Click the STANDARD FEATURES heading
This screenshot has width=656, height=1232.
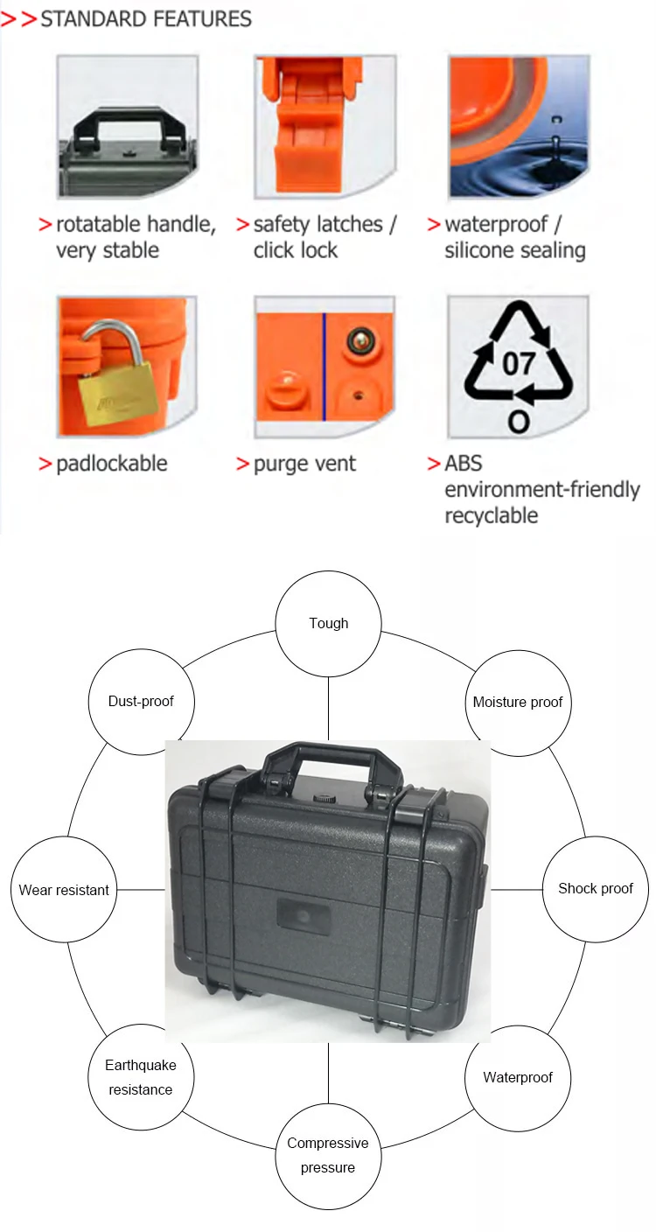(145, 18)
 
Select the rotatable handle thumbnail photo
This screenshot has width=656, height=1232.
(128, 126)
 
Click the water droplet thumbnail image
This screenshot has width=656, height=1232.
(519, 126)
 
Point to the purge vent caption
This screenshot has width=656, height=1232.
(304, 464)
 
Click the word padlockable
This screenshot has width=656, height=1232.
(111, 464)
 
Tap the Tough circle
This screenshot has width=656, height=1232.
(329, 623)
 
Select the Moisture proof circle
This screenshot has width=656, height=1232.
(517, 702)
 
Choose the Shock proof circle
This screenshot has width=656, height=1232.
(595, 889)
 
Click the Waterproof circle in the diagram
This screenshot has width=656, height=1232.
(518, 1077)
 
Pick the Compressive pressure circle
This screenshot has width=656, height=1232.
(328, 1155)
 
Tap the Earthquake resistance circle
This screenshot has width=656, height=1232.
(140, 1077)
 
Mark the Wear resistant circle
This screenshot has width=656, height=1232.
(64, 890)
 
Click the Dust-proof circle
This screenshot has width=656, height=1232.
(141, 701)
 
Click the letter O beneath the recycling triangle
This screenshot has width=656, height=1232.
(519, 423)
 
